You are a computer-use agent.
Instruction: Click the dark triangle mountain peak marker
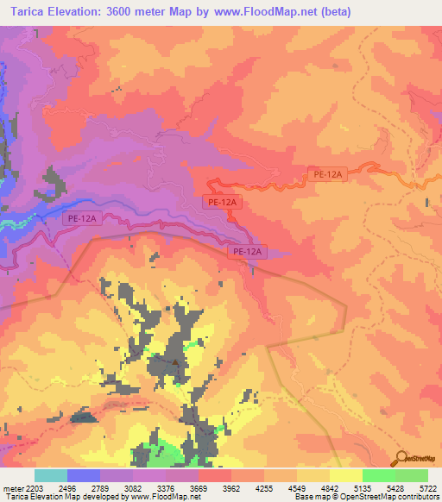(x=176, y=363)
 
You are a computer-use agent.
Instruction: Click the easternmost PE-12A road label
(x=328, y=174)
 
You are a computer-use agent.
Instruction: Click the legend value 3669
(x=198, y=486)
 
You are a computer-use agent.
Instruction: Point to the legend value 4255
(x=264, y=486)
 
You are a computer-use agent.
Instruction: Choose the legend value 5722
(x=427, y=486)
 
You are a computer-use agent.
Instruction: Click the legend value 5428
(x=395, y=486)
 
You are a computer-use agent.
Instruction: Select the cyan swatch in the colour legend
(x=51, y=475)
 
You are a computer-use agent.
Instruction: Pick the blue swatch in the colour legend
(x=84, y=475)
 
